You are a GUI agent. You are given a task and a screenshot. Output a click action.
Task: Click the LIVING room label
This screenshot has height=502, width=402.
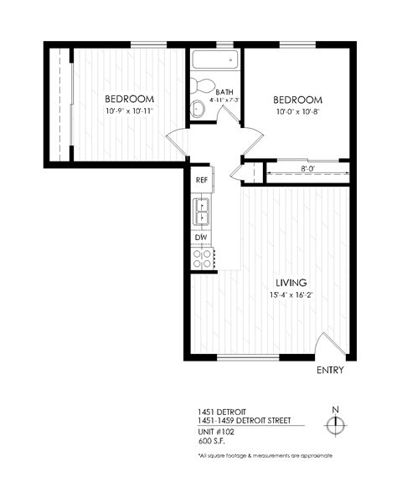coord(287,283)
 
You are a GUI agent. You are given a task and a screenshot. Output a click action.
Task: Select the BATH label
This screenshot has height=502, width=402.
coord(224,92)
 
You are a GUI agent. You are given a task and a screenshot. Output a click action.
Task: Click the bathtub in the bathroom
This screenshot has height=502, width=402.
coord(214,62)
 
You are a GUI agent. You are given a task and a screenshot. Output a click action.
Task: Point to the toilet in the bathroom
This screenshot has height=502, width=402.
coord(201,85)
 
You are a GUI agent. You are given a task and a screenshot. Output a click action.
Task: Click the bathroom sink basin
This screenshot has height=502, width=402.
coord(198,109)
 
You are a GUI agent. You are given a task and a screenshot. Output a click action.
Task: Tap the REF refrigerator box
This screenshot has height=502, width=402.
coord(201,180)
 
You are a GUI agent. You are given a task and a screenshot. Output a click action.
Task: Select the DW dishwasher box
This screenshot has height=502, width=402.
coord(201,238)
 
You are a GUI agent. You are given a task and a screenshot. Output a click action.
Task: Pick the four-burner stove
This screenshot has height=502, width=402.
coord(202,259)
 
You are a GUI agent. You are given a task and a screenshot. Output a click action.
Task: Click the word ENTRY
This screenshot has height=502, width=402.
coord(330,370)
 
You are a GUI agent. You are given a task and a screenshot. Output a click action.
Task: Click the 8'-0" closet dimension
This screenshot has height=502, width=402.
coord(307,169)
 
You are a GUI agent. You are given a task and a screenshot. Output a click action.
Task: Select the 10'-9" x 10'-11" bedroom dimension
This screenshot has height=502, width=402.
coord(130,111)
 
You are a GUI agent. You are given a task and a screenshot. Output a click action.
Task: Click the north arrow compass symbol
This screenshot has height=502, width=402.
coord(335,424)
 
